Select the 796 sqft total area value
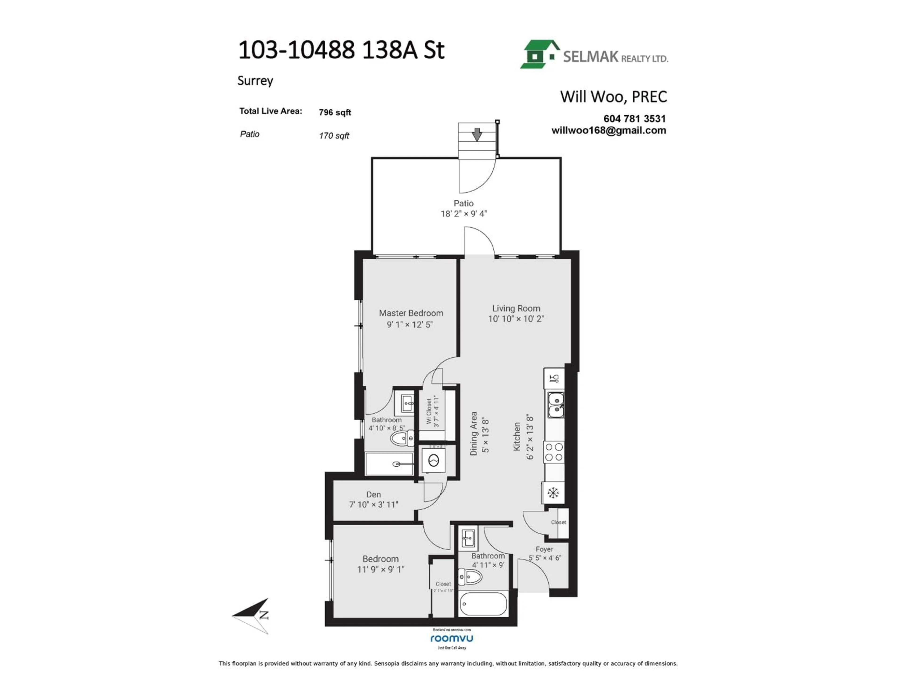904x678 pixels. tap(335, 112)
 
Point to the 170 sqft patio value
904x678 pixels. tap(334, 136)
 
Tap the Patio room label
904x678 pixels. tap(464, 203)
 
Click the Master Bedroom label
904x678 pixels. tap(411, 313)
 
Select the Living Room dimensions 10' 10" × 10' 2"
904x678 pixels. tap(516, 319)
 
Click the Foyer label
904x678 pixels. tap(544, 549)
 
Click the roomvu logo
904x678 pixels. tap(452, 638)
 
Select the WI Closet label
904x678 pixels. tap(429, 412)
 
